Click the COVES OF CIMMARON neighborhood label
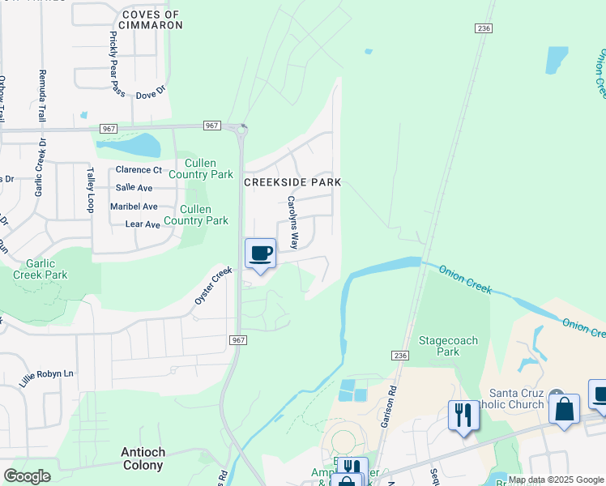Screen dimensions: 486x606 click(x=151, y=19)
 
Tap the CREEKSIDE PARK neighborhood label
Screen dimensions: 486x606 click(x=292, y=183)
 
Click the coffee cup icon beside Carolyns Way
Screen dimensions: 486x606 click(x=260, y=254)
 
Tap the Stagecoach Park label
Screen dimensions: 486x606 click(x=447, y=346)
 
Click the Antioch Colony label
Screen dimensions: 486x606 click(x=132, y=458)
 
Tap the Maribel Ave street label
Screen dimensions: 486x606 click(x=134, y=207)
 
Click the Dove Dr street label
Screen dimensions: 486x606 click(x=150, y=95)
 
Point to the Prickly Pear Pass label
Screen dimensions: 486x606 click(x=117, y=63)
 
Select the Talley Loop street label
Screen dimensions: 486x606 click(x=91, y=190)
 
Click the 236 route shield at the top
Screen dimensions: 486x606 click(x=484, y=28)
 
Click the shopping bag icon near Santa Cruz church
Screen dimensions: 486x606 click(x=564, y=407)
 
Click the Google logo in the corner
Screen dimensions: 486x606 click(x=27, y=476)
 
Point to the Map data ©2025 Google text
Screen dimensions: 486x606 click(x=556, y=480)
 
